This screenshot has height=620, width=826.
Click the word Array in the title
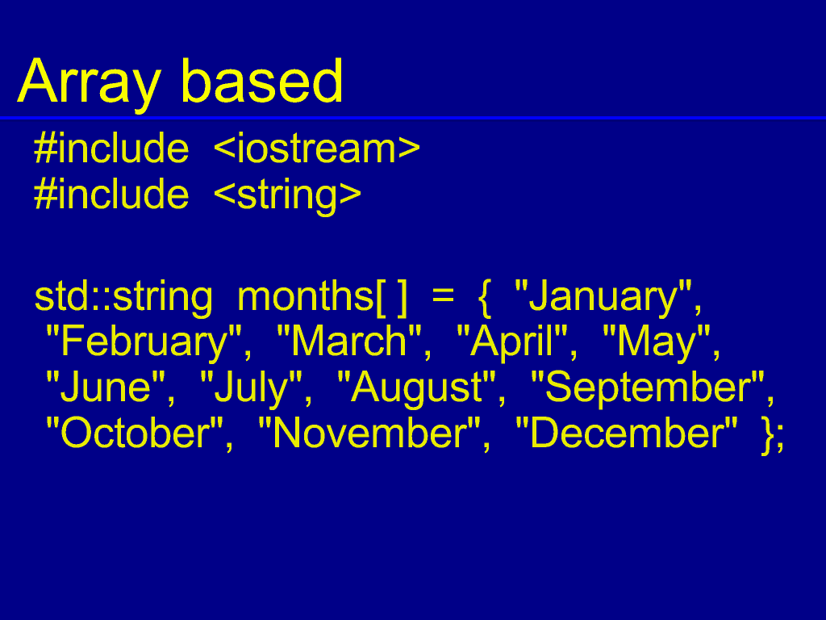pos(89,83)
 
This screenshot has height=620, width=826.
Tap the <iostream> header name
pos(316,149)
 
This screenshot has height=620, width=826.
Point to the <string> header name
pos(288,196)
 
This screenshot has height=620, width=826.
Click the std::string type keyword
pos(123,298)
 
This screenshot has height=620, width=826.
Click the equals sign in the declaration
pos(443,296)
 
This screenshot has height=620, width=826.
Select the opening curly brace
pos(485,299)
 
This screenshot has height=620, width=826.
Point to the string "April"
pos(512,342)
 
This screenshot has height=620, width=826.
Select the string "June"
pos(106,387)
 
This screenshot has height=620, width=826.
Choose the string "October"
pos(135,434)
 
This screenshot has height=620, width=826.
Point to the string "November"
pos(369,434)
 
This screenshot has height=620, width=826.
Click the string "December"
pos(626,434)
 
